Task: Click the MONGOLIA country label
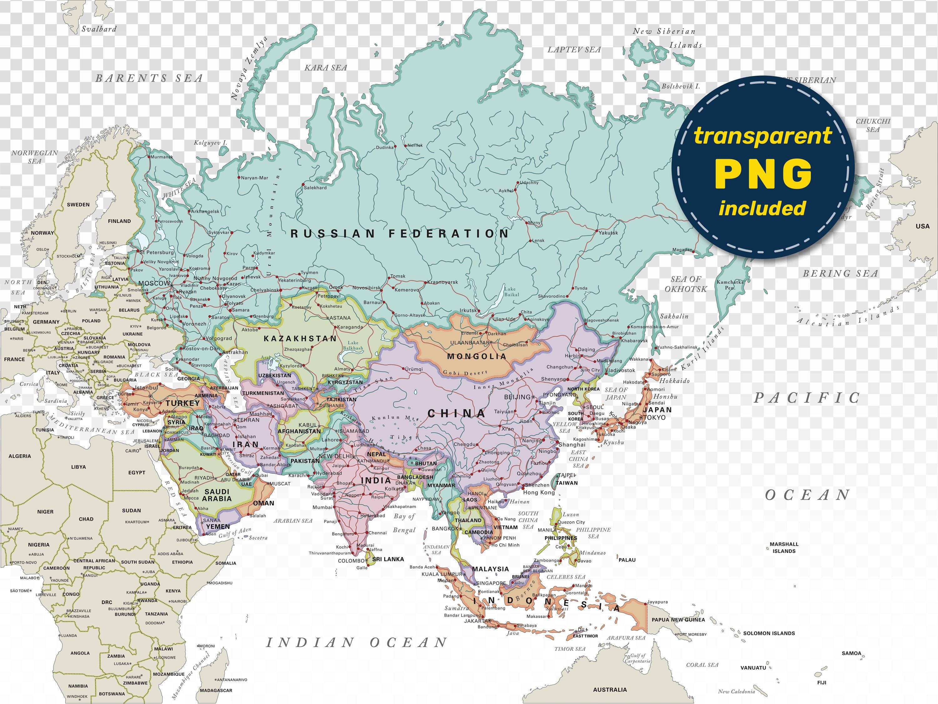[477, 356]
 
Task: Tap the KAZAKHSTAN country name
[300, 339]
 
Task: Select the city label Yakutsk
[608, 232]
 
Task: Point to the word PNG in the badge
[763, 174]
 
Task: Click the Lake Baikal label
[511, 292]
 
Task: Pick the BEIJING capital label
[517, 397]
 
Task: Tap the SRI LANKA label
[388, 559]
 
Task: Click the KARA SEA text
[326, 68]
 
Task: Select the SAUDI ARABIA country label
[217, 495]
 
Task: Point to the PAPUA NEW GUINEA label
[678, 620]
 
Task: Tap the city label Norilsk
[415, 145]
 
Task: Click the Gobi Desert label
[465, 373]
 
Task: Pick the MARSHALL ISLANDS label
[784, 548]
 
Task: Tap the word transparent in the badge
[763, 136]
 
